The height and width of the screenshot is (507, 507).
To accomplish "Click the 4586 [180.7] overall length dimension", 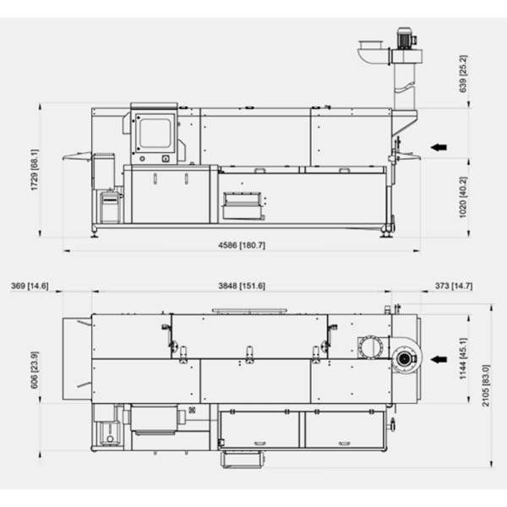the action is pyautogui.click(x=242, y=245).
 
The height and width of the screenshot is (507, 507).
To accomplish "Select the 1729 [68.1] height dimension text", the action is pyautogui.click(x=35, y=170).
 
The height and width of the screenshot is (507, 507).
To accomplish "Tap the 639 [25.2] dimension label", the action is pyautogui.click(x=463, y=74).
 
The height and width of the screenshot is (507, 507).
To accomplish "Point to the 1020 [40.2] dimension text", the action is pyautogui.click(x=463, y=197).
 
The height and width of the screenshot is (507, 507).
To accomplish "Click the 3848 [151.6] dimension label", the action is pyautogui.click(x=242, y=286).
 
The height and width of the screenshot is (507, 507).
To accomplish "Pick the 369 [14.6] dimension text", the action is pyautogui.click(x=30, y=286).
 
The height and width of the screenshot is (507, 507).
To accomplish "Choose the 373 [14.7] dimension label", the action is pyautogui.click(x=454, y=286).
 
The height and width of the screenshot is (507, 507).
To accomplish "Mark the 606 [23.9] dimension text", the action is pyautogui.click(x=35, y=370).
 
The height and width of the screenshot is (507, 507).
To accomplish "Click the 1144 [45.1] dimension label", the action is pyautogui.click(x=463, y=358).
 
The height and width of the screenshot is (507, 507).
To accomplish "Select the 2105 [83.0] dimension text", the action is pyautogui.click(x=486, y=385).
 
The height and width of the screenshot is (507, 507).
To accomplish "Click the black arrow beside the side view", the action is pyautogui.click(x=439, y=147).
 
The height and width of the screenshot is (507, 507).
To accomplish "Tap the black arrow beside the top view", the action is pyautogui.click(x=439, y=359).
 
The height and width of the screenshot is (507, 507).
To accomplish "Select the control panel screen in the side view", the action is pyautogui.click(x=155, y=133).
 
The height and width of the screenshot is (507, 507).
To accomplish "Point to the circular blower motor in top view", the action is pyautogui.click(x=404, y=358).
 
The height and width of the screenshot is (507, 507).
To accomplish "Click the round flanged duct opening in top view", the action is pyautogui.click(x=371, y=347).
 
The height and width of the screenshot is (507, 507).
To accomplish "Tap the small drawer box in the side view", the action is pyautogui.click(x=243, y=205).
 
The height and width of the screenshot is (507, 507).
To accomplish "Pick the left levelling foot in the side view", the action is pyautogui.click(x=95, y=233).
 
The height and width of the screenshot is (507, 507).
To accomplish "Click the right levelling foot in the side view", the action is pyautogui.click(x=386, y=234).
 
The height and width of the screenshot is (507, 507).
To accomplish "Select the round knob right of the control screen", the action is pyautogui.click(x=166, y=159).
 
